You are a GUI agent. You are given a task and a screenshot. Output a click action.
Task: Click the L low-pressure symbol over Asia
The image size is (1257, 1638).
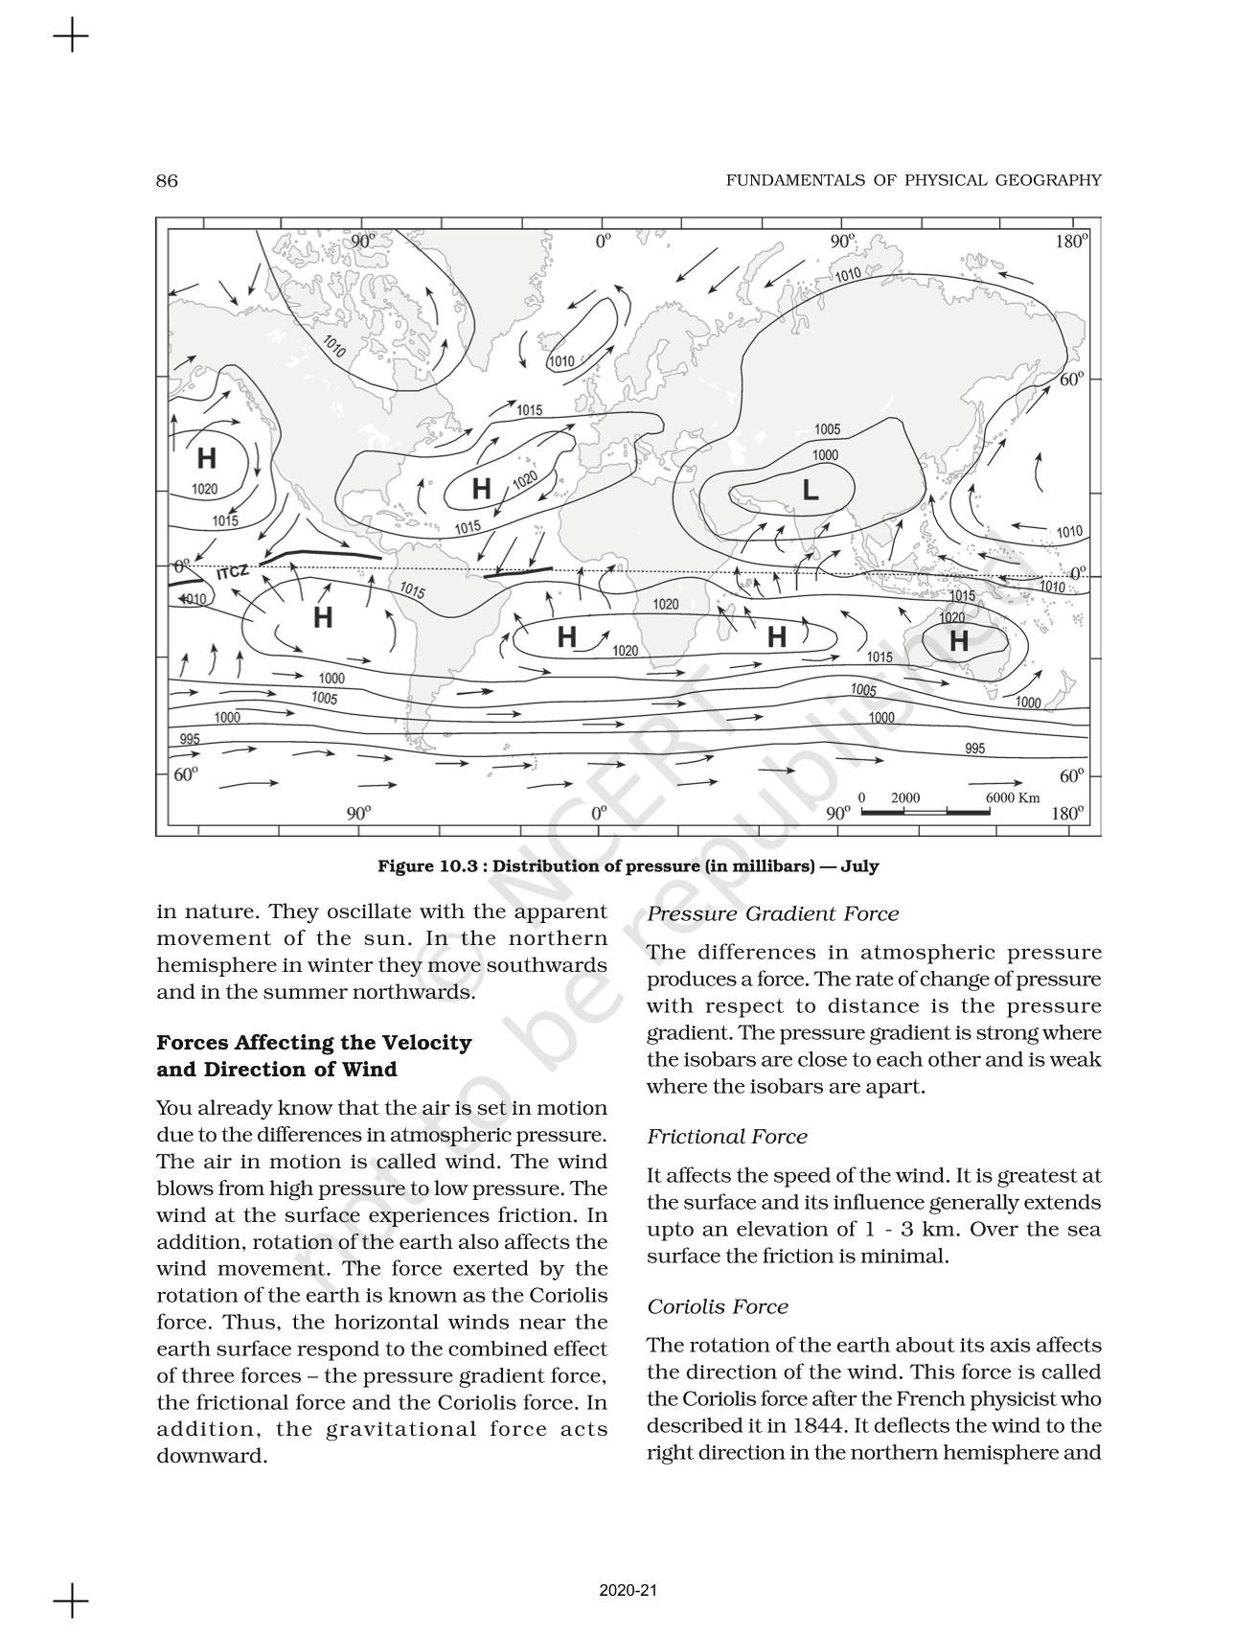coord(810,491)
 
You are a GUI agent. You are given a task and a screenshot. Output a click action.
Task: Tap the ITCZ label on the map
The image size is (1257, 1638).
coord(232,572)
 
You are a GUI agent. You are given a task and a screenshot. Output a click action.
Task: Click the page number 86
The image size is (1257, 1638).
coord(167,181)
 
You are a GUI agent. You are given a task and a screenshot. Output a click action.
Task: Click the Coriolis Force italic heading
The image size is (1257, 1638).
coord(717,1307)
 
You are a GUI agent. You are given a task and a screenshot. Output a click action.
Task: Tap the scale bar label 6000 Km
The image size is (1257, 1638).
coord(1012,797)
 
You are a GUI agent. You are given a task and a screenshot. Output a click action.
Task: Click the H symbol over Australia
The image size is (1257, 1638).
coord(958,640)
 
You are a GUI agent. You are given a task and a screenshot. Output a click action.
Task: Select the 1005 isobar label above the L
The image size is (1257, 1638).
coord(827,429)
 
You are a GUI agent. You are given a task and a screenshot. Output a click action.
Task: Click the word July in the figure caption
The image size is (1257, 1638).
coord(859,866)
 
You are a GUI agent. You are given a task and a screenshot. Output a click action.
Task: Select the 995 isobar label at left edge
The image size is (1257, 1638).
coord(190,738)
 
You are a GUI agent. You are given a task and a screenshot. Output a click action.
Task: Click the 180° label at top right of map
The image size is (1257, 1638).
coord(1071,242)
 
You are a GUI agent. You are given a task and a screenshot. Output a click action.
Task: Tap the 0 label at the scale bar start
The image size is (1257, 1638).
coord(861,797)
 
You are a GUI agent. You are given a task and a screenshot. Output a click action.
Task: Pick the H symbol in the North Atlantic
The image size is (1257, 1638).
coord(481,490)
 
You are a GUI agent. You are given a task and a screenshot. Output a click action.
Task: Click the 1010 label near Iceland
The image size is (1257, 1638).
coord(561,361)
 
